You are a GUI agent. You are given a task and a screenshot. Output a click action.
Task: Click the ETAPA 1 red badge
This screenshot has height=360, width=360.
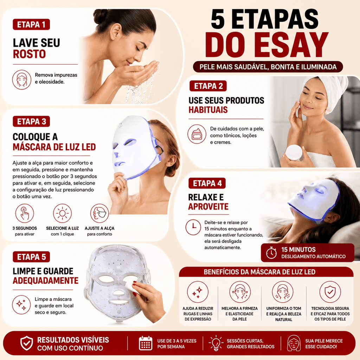pyautogui.click(x=31, y=24)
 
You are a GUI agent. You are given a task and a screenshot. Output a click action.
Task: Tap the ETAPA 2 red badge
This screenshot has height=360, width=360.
pyautogui.click(x=208, y=86)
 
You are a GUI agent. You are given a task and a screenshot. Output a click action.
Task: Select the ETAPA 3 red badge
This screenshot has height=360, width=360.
pyautogui.click(x=31, y=121)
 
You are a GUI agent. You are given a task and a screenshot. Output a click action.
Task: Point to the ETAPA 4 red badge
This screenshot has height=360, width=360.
pyautogui.click(x=207, y=183)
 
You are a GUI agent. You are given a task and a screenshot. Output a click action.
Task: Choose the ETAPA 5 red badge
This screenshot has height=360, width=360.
pyautogui.click(x=31, y=257)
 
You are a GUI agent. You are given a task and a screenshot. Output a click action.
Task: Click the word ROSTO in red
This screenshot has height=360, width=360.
pyautogui.click(x=30, y=54)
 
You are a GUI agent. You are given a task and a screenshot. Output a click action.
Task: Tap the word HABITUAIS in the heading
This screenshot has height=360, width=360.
pyautogui.click(x=208, y=110)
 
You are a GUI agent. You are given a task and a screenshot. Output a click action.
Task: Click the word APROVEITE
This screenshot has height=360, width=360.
pyautogui.click(x=208, y=206)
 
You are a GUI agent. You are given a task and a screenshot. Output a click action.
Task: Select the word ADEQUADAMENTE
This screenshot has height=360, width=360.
pyautogui.click(x=45, y=281)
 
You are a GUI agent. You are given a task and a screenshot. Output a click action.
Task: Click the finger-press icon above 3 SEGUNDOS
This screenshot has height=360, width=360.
pyautogui.click(x=25, y=213)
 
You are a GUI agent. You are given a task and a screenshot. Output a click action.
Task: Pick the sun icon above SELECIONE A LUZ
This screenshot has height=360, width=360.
pyautogui.click(x=62, y=213)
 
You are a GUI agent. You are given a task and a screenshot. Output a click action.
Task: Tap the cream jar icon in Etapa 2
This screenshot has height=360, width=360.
pyautogui.click(x=197, y=134)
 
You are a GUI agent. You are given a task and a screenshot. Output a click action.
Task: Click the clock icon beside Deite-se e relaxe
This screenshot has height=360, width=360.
pyautogui.click(x=193, y=227)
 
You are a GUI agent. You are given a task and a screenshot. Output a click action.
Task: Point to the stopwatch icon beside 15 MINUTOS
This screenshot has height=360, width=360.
pyautogui.click(x=271, y=253)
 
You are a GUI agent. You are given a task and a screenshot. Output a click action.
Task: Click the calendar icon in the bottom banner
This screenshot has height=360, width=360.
pyautogui.click(x=146, y=343)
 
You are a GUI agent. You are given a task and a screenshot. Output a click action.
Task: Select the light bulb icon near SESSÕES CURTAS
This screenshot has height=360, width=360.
pyautogui.click(x=216, y=343)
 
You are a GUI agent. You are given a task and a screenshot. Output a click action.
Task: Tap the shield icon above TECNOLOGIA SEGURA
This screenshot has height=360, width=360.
pyautogui.click(x=330, y=292)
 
